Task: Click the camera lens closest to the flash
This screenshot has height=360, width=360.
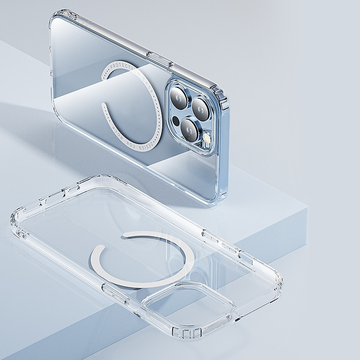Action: [191, 129]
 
